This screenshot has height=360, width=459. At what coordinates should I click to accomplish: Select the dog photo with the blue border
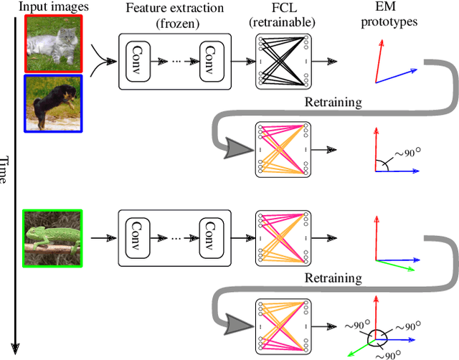[x=53, y=103]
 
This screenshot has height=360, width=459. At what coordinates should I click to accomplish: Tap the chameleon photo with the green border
[x=53, y=238]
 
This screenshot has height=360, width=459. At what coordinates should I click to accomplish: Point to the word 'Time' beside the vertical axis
[x=6, y=169]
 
